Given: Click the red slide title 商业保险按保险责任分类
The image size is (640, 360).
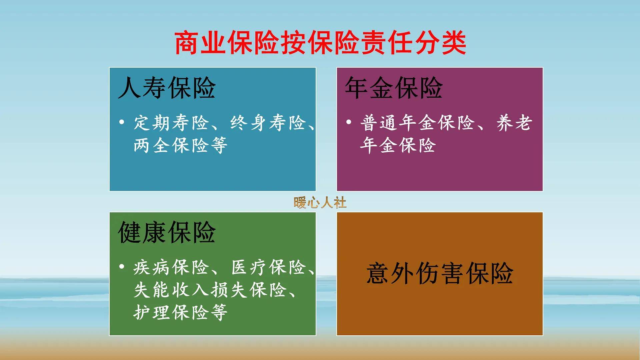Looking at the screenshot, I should coord(320,43).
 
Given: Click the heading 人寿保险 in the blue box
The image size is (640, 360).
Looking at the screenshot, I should coord(167,88).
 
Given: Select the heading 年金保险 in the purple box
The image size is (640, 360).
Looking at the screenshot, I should coord(394,88).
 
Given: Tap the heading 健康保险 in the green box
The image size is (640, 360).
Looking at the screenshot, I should coord(167,232).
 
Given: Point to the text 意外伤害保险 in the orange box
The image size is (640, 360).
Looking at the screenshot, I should coord(440,273).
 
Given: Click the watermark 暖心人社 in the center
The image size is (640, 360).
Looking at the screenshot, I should coord(320,202).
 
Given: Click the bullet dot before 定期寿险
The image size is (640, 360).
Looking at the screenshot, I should coord(122,122).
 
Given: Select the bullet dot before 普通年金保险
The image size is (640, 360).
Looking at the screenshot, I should coord(349,122).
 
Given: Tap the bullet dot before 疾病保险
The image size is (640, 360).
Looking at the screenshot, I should coord(122,267).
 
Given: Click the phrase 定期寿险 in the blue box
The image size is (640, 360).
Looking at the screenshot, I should coord(171,123).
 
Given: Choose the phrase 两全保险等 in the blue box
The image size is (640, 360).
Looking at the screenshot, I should coord(180,145).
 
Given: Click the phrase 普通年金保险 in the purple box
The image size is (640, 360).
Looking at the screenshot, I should coord(417,123).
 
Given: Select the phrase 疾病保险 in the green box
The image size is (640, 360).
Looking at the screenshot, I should coord(171,267).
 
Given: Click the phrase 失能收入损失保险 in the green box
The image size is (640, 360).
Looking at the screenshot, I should coord(210,290).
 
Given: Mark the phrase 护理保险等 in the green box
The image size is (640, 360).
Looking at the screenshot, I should coord(180,312).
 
